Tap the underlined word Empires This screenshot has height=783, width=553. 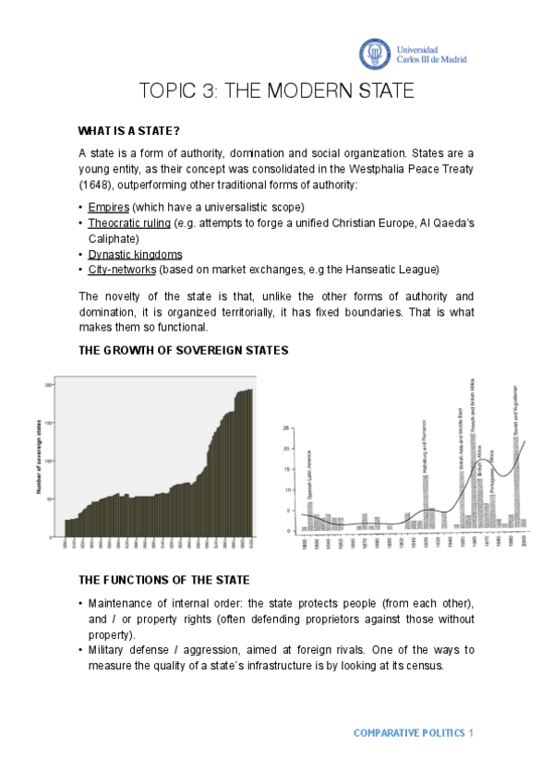click(x=109, y=206)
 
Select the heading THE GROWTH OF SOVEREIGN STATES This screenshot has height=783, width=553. click(x=184, y=350)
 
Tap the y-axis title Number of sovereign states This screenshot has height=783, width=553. click(x=40, y=459)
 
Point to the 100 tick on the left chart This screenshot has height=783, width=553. click(x=50, y=460)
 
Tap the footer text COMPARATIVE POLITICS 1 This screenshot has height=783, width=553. click(x=414, y=733)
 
